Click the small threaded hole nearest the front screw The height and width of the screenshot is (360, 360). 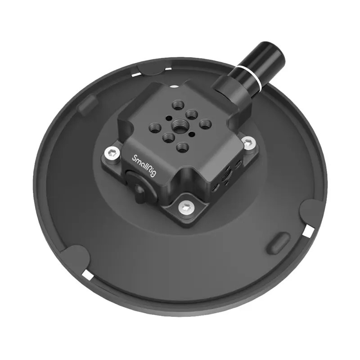(x=182, y=146)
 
